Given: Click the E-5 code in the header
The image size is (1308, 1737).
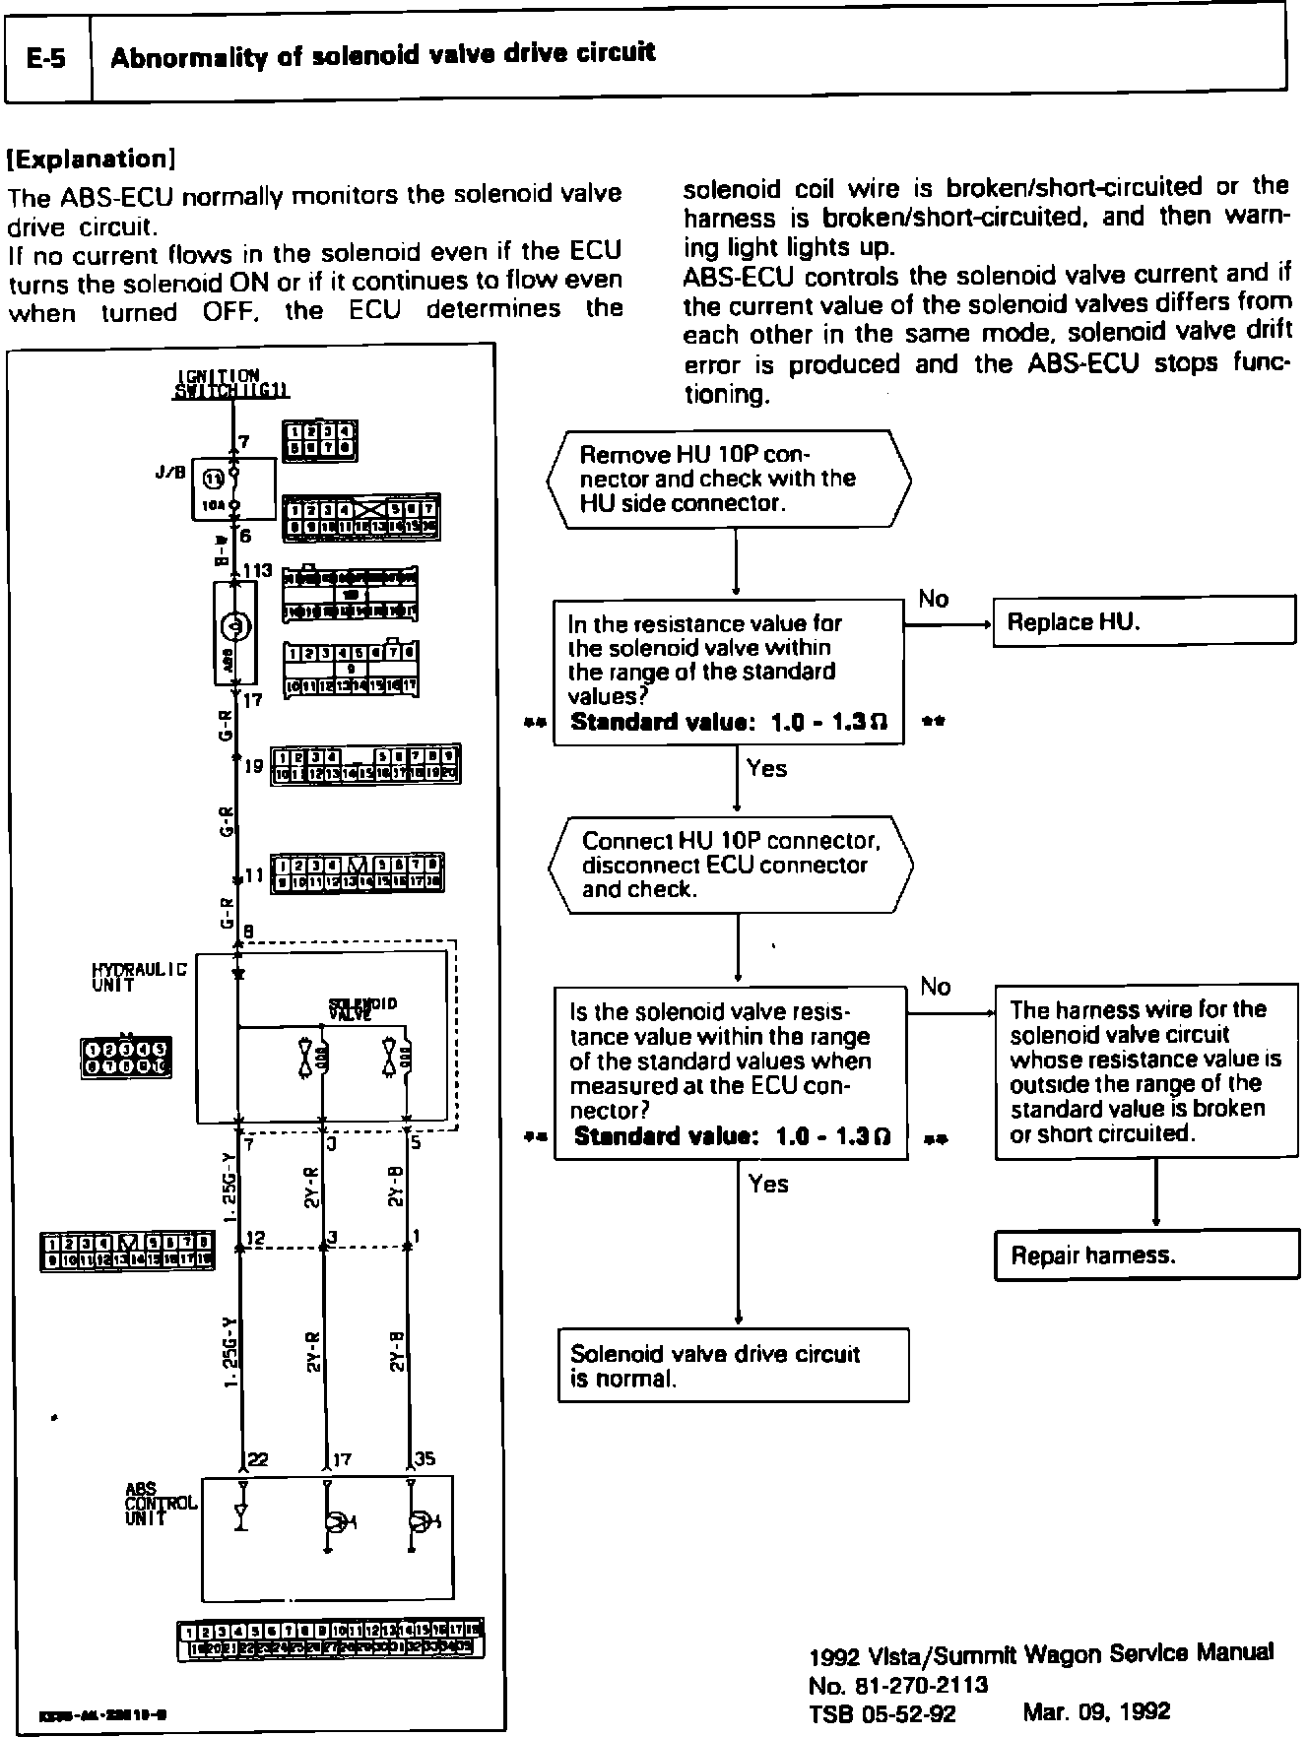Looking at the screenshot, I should (46, 58).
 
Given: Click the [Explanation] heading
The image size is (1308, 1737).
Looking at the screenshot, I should (91, 160).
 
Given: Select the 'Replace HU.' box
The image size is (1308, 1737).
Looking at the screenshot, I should (1144, 622).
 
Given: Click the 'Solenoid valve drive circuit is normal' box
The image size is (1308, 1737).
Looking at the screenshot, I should (733, 1366).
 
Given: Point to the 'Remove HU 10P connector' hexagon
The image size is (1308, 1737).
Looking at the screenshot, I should (729, 479).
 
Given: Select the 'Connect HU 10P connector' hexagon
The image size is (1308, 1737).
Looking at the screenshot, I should (730, 865).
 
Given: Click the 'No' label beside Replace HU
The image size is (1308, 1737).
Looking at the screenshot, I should (933, 599).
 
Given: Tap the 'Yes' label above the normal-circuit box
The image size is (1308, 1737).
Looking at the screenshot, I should (767, 1183).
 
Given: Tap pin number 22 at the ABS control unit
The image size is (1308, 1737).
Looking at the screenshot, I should (258, 1459).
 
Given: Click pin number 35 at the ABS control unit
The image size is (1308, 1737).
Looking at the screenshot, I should (425, 1459).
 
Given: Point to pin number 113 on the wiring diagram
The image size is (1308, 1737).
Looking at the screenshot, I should (258, 571).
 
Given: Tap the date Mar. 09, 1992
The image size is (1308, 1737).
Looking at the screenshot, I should (1096, 1712).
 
